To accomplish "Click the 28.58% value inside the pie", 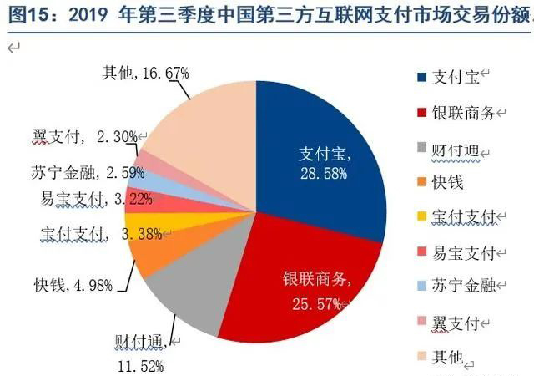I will (x=322, y=171).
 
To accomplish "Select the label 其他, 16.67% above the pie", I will (x=145, y=73).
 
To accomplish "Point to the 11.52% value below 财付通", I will (x=139, y=365).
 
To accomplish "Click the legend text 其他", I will (x=446, y=357).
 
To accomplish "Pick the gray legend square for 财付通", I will (x=422, y=148).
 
